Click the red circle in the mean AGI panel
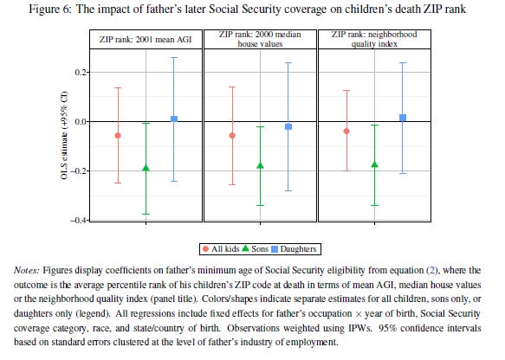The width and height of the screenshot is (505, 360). point(118,136)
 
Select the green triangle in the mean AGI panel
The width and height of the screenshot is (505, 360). point(146,168)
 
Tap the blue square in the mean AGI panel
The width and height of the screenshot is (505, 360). point(174,119)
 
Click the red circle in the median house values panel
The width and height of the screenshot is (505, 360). point(232,136)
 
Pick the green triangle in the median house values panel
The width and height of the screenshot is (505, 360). point(260,165)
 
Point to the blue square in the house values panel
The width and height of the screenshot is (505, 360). point(288,126)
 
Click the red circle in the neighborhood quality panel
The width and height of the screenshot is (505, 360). point(346,132)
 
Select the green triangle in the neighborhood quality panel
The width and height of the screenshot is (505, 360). point(374,164)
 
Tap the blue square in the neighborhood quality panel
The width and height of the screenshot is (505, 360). point(403,117)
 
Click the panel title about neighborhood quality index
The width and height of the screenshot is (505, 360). point(374,37)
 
